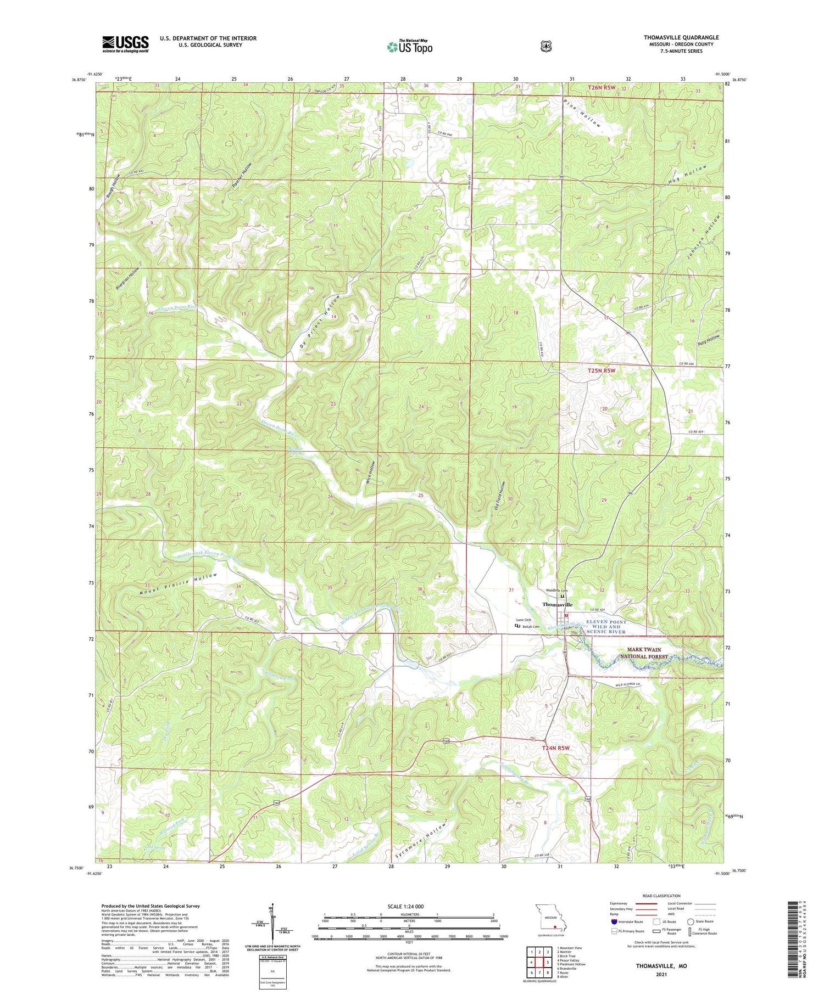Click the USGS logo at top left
(x=125, y=44)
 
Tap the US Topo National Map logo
(x=409, y=47)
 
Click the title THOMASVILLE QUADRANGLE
(x=681, y=37)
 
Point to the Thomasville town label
(x=557, y=604)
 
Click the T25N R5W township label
(x=602, y=371)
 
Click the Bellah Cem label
(x=531, y=627)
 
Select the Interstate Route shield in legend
(x=614, y=921)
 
